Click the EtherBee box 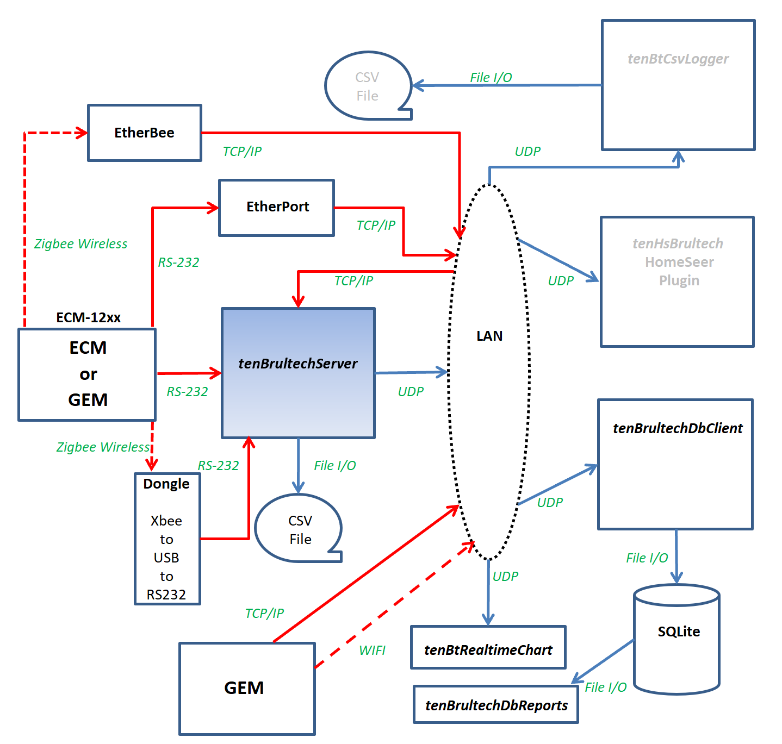pyautogui.click(x=145, y=133)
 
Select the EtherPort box pyautogui.click(x=277, y=208)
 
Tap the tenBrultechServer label pyautogui.click(x=298, y=364)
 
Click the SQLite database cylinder pyautogui.click(x=677, y=639)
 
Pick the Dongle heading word pyautogui.click(x=166, y=484)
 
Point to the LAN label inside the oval pyautogui.click(x=489, y=336)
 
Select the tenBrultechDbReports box pyautogui.click(x=496, y=705)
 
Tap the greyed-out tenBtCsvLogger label pyautogui.click(x=678, y=59)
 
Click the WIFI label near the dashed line pyautogui.click(x=372, y=650)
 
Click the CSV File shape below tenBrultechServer pyautogui.click(x=299, y=529)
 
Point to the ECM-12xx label pyautogui.click(x=89, y=318)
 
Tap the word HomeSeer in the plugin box pyautogui.click(x=679, y=262)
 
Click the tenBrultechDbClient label pyautogui.click(x=677, y=428)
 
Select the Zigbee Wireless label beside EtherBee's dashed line pyautogui.click(x=80, y=244)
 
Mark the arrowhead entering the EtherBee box pyautogui.click(x=83, y=133)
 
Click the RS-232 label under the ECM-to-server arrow pyautogui.click(x=187, y=392)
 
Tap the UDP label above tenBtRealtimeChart pyautogui.click(x=505, y=577)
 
